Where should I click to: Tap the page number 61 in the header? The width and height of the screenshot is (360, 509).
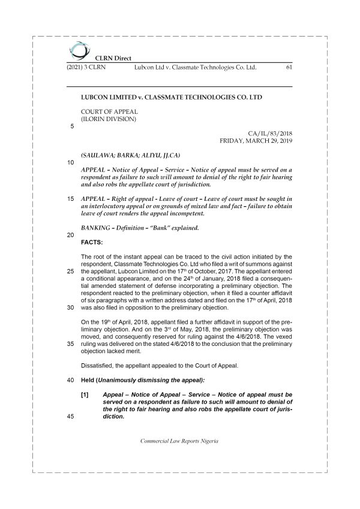287,68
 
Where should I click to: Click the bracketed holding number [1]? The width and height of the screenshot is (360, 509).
85,395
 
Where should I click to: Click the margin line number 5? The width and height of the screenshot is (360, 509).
72,127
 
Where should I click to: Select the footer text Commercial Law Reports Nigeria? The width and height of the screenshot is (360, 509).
179,441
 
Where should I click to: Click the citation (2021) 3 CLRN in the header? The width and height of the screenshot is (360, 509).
85,68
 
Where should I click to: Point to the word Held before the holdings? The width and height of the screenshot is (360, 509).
88,380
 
